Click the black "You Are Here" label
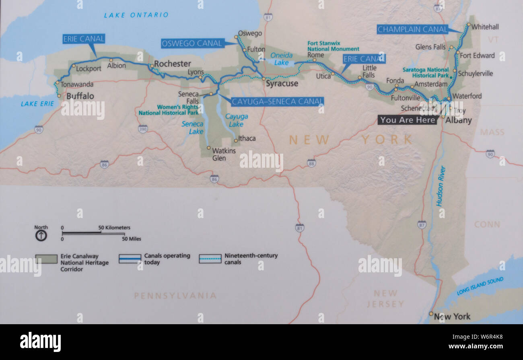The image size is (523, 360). pyautogui.click(x=408, y=120)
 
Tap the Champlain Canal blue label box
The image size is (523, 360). pyautogui.click(x=412, y=29)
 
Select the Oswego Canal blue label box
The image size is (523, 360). pyautogui.click(x=192, y=43)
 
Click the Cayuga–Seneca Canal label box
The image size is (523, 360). pyautogui.click(x=277, y=101)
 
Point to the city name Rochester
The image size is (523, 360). pyautogui.click(x=173, y=64)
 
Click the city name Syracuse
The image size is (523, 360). pyautogui.click(x=282, y=84)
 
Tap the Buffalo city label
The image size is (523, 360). pyautogui.click(x=80, y=96)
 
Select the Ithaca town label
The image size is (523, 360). pyautogui.click(x=247, y=138)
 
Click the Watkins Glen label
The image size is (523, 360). pyautogui.click(x=224, y=154)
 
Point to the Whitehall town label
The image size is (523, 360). pyautogui.click(x=485, y=27)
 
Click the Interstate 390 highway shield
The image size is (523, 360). pyautogui.click(x=143, y=129)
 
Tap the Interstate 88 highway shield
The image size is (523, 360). pyautogui.click(x=311, y=163)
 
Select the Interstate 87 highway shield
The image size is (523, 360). pyautogui.click(x=422, y=224)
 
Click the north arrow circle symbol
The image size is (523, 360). pyautogui.click(x=41, y=236)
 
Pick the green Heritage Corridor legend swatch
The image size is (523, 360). pyautogui.click(x=46, y=259)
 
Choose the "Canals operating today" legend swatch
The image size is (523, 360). pyautogui.click(x=130, y=259)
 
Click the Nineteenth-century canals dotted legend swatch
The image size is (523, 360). pyautogui.click(x=210, y=259)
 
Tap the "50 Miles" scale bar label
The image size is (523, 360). pyautogui.click(x=132, y=239)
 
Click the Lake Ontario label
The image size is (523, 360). pyautogui.click(x=136, y=15)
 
